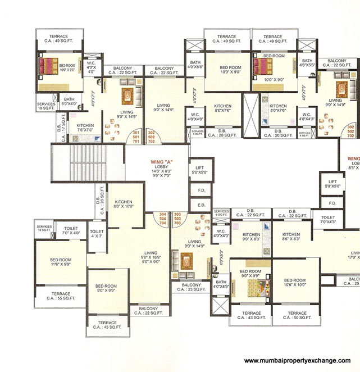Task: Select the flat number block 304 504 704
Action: [162, 219]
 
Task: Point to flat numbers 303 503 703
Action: [177, 219]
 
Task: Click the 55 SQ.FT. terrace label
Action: [61, 297]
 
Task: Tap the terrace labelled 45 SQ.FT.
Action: [107, 325]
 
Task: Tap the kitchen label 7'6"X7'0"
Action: [85, 129]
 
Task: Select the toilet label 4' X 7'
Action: [97, 234]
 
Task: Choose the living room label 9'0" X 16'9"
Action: [151, 256]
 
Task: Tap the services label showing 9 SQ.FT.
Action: [221, 213]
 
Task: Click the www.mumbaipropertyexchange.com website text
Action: [297, 361]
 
